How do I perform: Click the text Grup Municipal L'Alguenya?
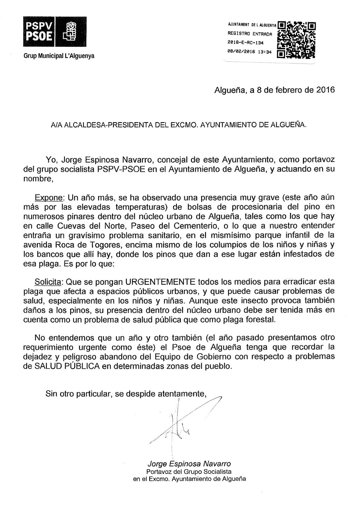click(59, 56)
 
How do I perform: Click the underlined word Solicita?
click(48, 282)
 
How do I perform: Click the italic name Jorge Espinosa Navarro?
click(189, 464)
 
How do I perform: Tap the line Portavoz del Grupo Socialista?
click(189, 471)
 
